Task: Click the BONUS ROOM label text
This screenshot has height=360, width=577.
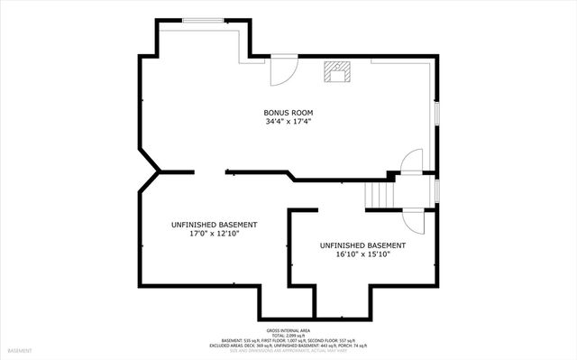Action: [x=288, y=113]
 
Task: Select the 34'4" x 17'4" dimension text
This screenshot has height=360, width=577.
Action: [x=288, y=123]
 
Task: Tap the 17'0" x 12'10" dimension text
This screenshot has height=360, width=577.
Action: [x=214, y=234]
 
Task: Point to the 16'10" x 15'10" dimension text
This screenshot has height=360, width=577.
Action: [x=362, y=254]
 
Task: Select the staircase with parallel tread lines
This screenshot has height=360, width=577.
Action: [x=380, y=193]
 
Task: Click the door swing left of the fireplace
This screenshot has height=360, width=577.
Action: [x=283, y=69]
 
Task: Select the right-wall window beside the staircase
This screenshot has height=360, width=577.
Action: [x=437, y=190]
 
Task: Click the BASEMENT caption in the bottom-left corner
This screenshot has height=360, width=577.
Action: [x=21, y=350]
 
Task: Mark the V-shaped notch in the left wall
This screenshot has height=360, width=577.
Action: [x=153, y=170]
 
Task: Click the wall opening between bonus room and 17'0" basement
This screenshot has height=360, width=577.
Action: [x=212, y=170]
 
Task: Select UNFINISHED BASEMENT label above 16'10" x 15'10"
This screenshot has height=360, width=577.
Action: [x=362, y=245]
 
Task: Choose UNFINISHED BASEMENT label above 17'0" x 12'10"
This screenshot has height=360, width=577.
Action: [x=214, y=224]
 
